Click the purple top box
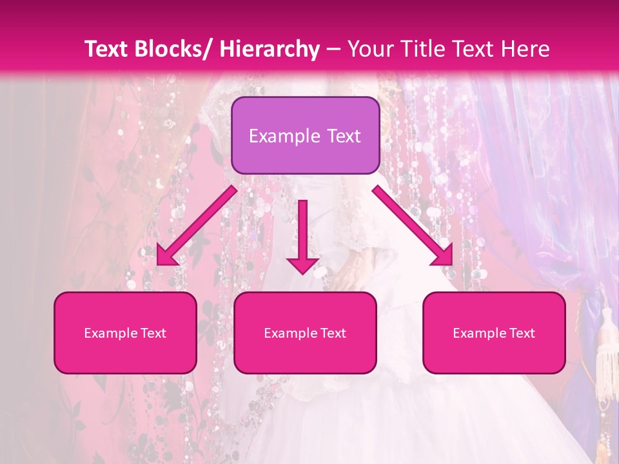pyautogui.click(x=305, y=135)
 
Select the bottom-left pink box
pyautogui.click(x=125, y=333)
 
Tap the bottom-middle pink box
pyautogui.click(x=305, y=333)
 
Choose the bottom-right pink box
pyautogui.click(x=494, y=333)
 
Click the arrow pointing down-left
pyautogui.click(x=196, y=226)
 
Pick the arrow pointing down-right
pyautogui.click(x=413, y=226)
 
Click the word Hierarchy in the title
pyautogui.click(x=270, y=49)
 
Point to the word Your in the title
pyautogui.click(x=369, y=49)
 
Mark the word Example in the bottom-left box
pyautogui.click(x=108, y=333)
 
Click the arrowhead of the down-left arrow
pyautogui.click(x=166, y=255)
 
